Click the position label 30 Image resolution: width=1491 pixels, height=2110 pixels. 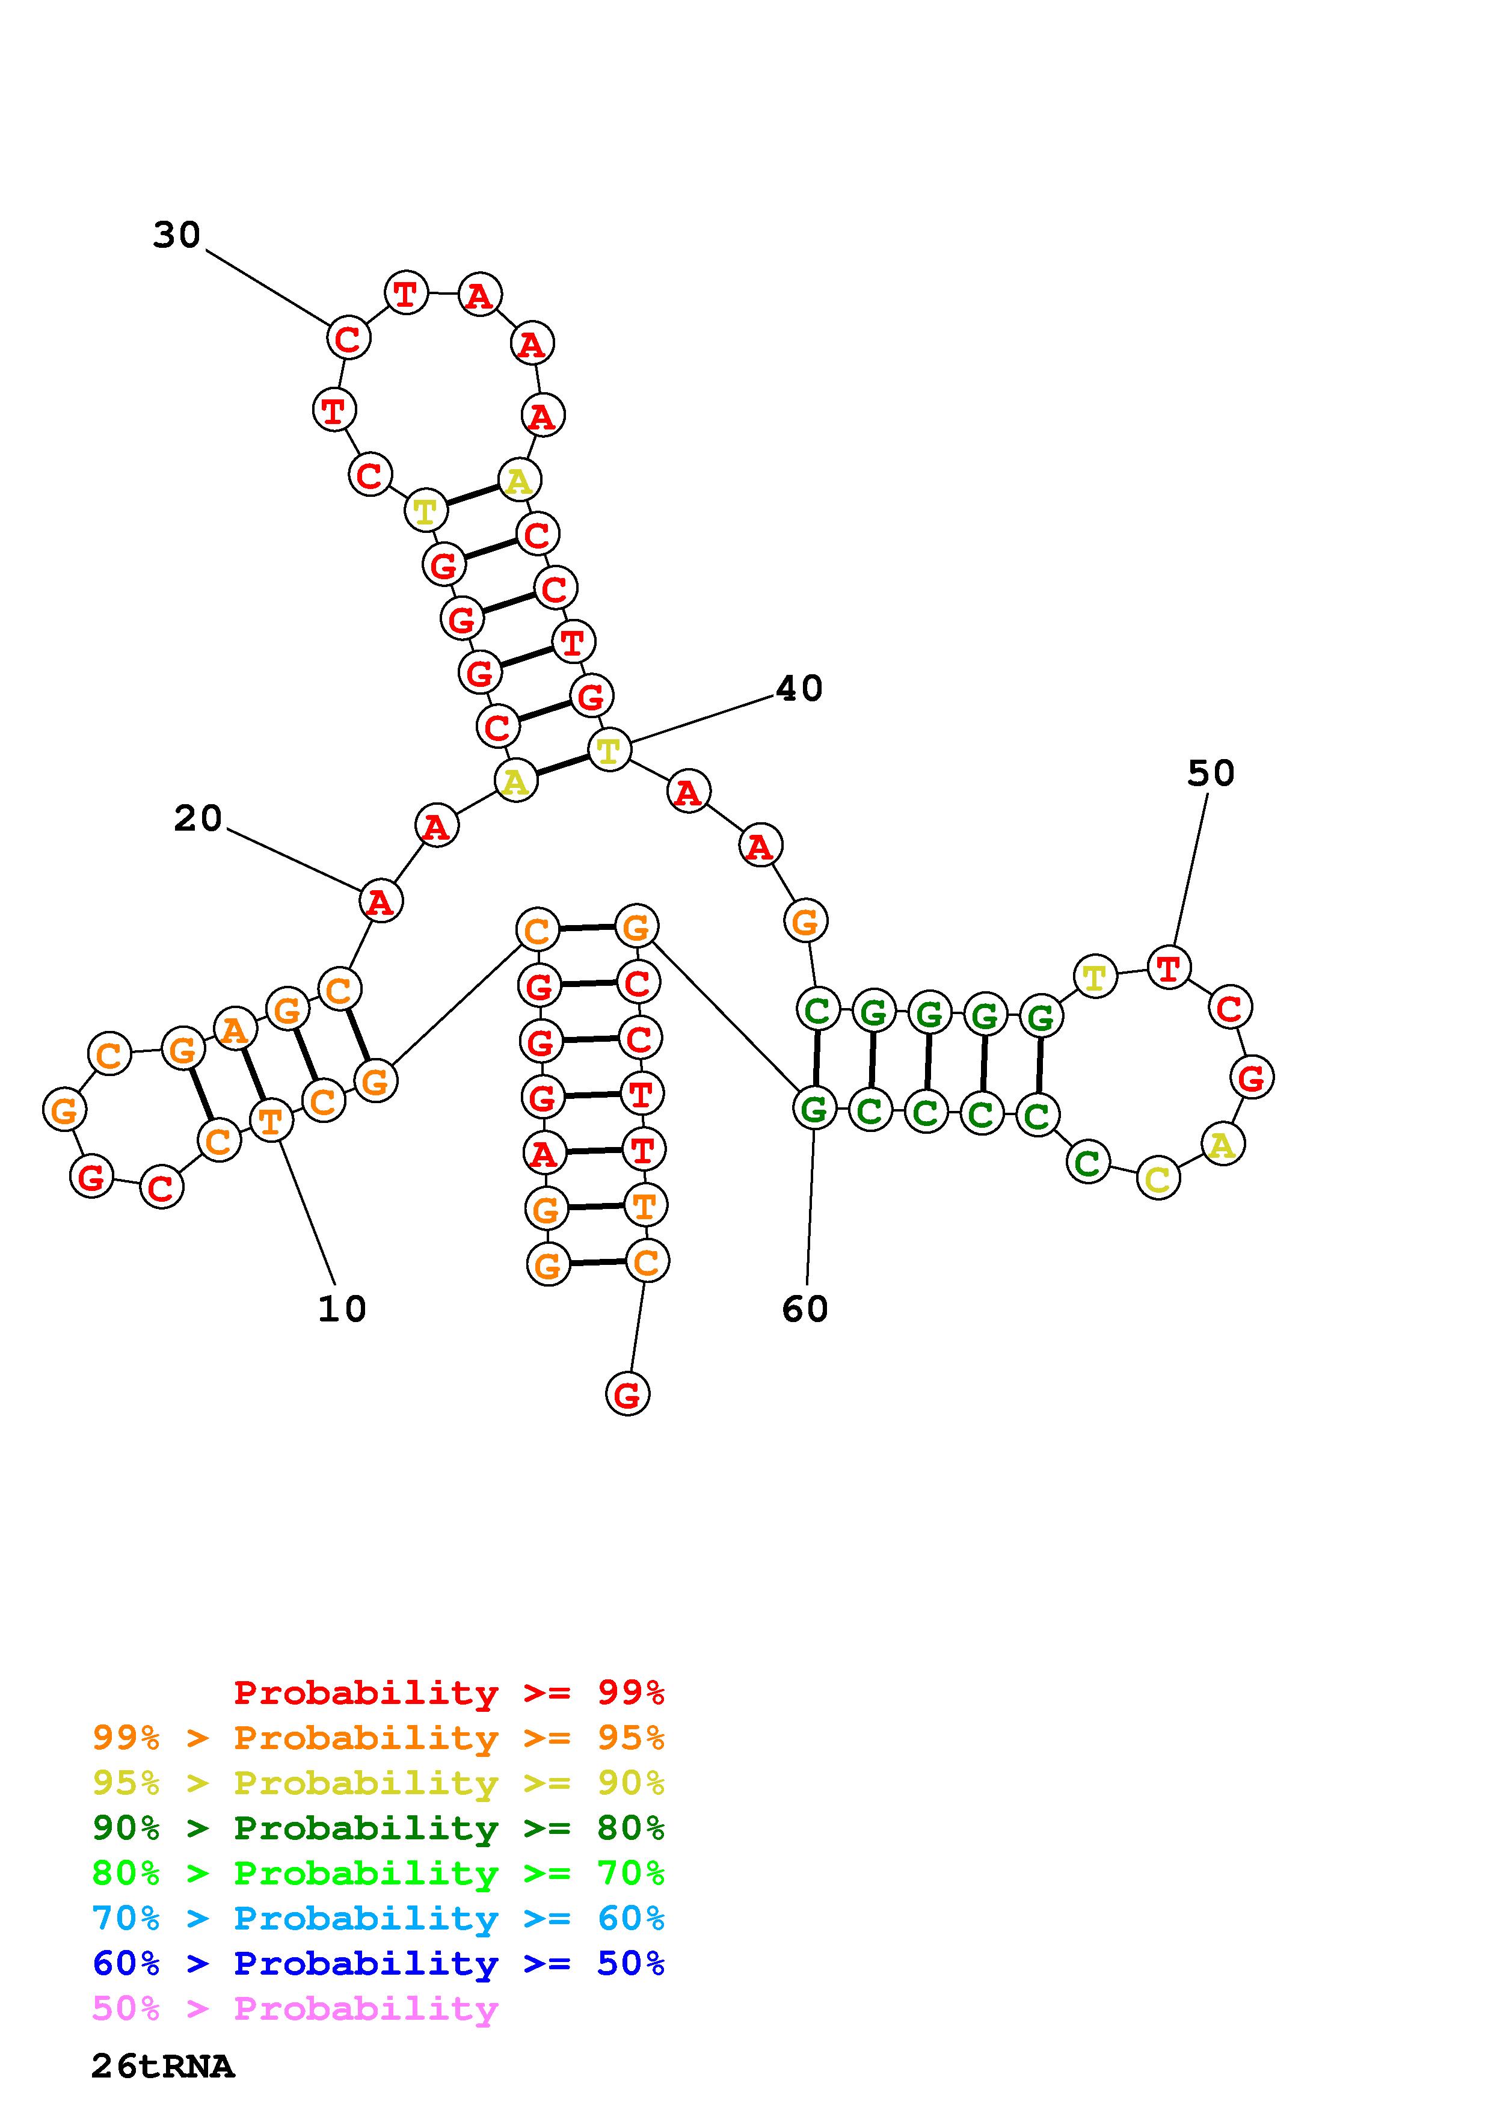(x=176, y=235)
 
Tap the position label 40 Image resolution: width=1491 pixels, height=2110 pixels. (x=798, y=688)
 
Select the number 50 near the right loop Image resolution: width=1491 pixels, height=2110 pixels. (x=1210, y=773)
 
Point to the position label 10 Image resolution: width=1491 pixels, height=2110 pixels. (x=342, y=1309)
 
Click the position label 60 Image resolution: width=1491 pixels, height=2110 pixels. (x=805, y=1309)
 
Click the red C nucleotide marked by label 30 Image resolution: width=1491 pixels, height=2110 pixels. (x=348, y=338)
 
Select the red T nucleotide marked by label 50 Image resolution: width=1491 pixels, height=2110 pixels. (x=1169, y=967)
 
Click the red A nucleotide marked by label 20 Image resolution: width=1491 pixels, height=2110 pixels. (x=380, y=900)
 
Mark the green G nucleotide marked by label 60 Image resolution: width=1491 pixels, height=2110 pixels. (x=814, y=1109)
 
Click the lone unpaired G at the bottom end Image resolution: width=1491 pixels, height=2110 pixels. (x=627, y=1394)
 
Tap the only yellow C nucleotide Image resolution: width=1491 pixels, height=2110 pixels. (x=1158, y=1178)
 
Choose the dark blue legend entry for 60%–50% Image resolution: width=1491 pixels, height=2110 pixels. (x=378, y=1963)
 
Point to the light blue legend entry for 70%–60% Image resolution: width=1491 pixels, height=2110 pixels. (x=378, y=1918)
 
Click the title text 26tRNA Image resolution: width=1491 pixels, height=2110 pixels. (x=162, y=2066)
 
